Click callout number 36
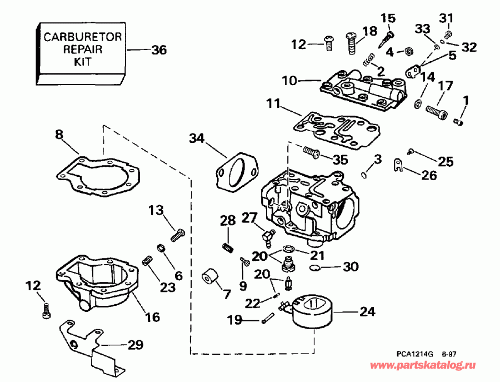159,50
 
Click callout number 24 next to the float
366,312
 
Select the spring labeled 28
227,246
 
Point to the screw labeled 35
311,150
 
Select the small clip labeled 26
398,164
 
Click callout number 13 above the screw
157,210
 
